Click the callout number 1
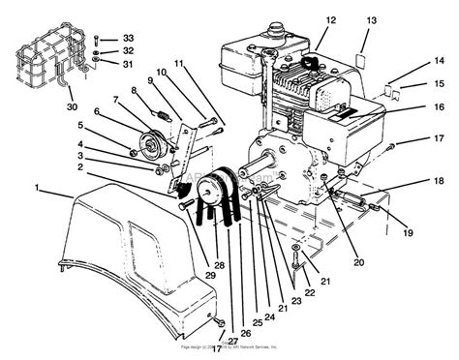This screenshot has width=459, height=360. coord(37,185)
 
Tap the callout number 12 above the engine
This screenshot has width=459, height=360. coord(330,19)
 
